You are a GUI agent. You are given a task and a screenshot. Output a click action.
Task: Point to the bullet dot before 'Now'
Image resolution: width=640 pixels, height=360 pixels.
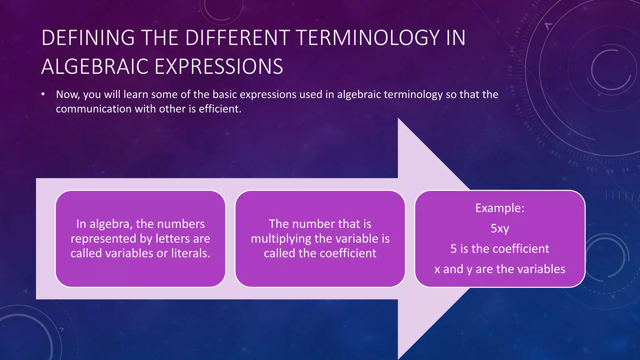(x=43, y=94)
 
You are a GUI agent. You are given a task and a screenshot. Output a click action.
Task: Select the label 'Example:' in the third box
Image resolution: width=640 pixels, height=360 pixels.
(x=500, y=208)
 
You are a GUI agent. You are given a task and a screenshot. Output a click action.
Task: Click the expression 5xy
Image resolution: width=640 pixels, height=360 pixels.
(x=500, y=228)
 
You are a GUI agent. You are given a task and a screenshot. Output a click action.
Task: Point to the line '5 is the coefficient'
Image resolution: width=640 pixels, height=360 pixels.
(x=500, y=249)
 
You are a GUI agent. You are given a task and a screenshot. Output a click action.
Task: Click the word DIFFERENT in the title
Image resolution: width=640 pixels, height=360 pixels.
(x=237, y=38)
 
